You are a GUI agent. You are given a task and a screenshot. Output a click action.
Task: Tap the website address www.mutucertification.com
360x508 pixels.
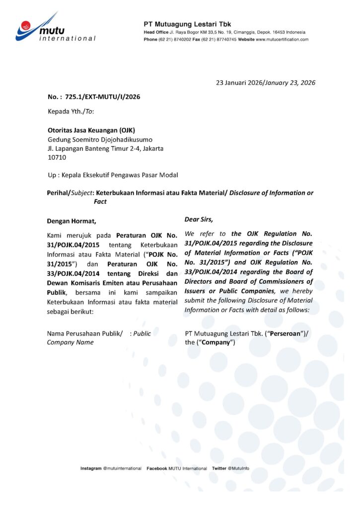tap(282, 39)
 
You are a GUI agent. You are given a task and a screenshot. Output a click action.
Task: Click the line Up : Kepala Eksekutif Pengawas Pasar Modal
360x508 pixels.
tap(112, 175)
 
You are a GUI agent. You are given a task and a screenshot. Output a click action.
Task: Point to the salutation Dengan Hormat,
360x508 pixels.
tap(72, 221)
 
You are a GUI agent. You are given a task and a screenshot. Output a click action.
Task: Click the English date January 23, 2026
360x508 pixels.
tap(290, 83)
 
